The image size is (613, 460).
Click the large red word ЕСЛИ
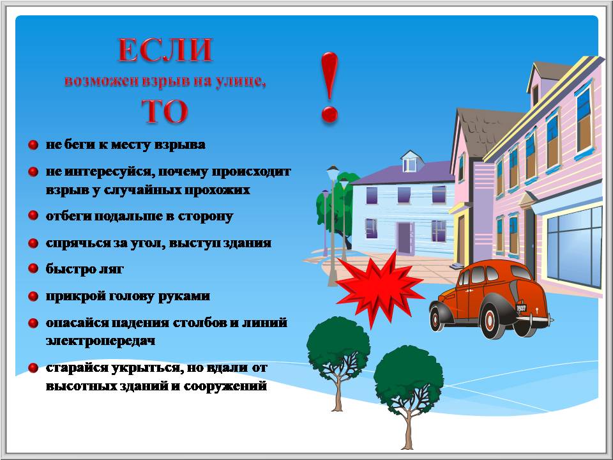[165, 50]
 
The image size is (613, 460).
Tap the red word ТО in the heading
[165, 111]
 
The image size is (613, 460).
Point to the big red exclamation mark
[329, 88]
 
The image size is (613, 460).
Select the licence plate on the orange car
[521, 307]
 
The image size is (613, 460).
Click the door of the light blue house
[405, 238]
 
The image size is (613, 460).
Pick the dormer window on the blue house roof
[410, 164]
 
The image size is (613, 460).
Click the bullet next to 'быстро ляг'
[33, 268]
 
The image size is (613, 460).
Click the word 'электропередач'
[100, 341]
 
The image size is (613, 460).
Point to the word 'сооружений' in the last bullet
[225, 387]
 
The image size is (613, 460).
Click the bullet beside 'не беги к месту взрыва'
[33, 145]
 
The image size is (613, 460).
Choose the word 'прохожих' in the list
[217, 190]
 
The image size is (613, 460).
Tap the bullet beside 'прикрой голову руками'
[33, 296]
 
